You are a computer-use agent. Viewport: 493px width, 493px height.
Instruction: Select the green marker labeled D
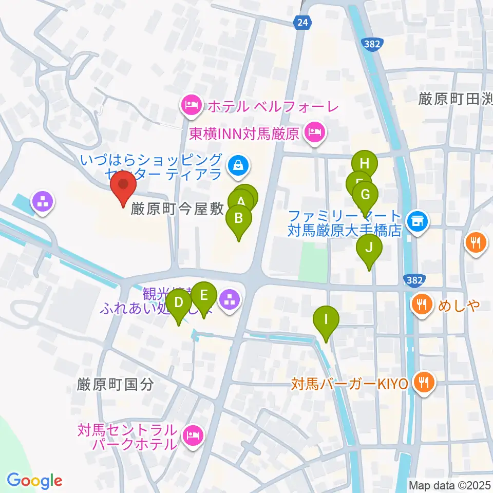179,303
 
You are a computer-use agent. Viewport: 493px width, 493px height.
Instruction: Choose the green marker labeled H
365,164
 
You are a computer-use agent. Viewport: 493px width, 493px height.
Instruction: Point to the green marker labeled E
203,296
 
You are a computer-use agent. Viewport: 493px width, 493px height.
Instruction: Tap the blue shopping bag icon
239,165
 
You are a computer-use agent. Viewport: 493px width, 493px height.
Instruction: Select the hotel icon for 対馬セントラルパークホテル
193,436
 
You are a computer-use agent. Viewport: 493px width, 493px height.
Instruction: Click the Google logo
35,481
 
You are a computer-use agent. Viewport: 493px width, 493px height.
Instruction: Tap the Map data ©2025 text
449,484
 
